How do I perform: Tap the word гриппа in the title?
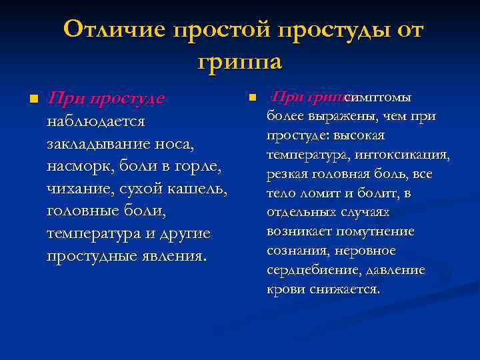pyautogui.click(x=240, y=62)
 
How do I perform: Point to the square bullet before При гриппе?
pyautogui.click(x=252, y=98)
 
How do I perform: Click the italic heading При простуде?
pyautogui.click(x=106, y=99)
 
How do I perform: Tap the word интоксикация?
pyautogui.click(x=407, y=155)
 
